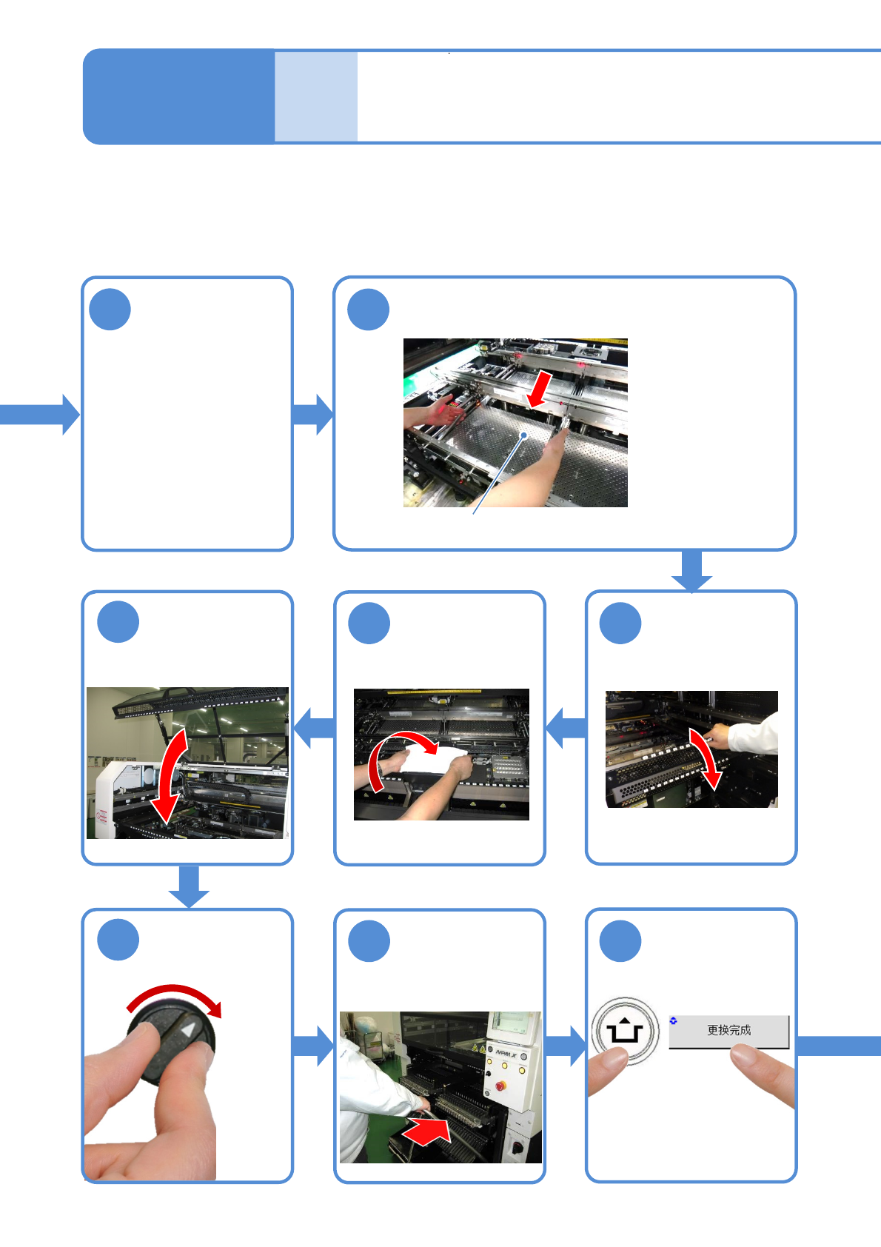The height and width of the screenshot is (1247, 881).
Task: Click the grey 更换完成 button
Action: (x=728, y=1031)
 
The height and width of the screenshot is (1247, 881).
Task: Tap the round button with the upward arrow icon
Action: (x=626, y=1031)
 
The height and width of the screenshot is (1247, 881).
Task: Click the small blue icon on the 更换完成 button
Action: (x=673, y=1020)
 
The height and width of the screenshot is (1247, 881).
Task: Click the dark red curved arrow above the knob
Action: (x=175, y=997)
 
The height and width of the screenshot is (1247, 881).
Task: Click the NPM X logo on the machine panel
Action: (x=506, y=1054)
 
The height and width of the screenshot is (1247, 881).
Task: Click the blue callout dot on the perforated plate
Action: (x=524, y=435)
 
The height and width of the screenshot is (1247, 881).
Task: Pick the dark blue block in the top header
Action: (x=178, y=96)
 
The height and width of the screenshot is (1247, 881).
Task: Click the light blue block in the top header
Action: (x=316, y=96)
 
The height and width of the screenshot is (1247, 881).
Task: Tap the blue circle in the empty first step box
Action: (x=110, y=309)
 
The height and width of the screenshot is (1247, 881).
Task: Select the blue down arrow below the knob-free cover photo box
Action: (x=189, y=886)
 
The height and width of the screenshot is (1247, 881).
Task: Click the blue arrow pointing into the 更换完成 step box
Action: (x=566, y=1046)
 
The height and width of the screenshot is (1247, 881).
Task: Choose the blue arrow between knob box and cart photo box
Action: (x=313, y=1046)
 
